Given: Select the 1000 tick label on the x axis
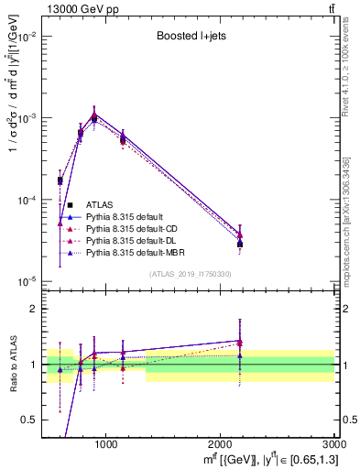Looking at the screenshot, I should tap(105, 444).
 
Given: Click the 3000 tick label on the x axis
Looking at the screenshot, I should tap(334, 444).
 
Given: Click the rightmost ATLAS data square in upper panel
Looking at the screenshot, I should tap(240, 245).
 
